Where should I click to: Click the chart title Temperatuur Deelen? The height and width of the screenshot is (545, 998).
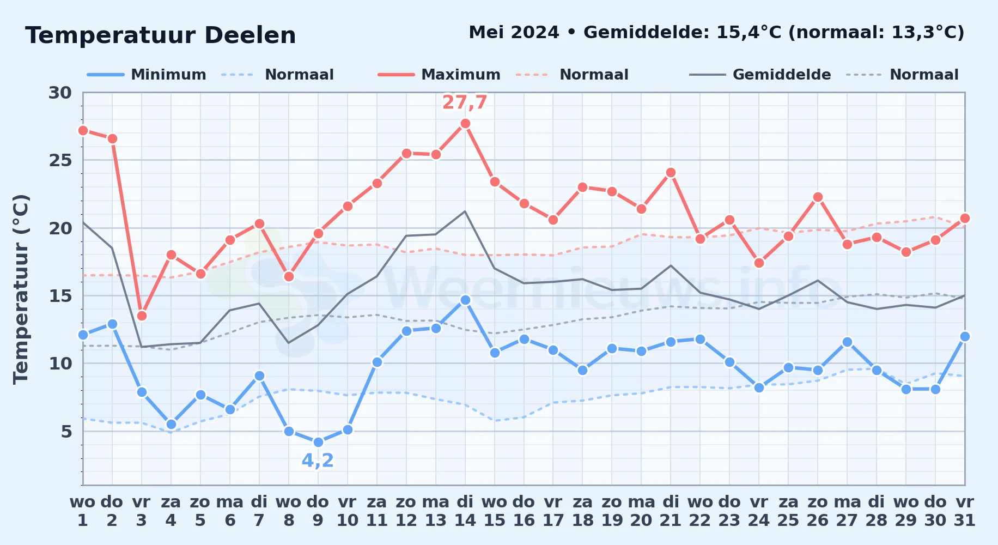[x=161, y=35]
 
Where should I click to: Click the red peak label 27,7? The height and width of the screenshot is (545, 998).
[x=465, y=102]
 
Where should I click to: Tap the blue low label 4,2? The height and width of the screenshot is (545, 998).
[x=318, y=461]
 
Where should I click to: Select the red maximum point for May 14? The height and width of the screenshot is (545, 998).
[x=465, y=124]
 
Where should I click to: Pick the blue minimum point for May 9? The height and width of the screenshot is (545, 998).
[x=318, y=442]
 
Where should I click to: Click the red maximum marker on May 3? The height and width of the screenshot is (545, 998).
[x=142, y=316]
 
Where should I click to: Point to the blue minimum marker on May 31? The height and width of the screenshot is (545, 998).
[x=965, y=336]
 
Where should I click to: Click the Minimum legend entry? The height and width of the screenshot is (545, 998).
[x=147, y=75]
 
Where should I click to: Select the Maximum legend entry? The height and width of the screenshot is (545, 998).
[x=439, y=75]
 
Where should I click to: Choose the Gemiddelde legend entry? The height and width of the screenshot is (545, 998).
[x=760, y=75]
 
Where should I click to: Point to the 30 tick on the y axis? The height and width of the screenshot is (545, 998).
[x=60, y=93]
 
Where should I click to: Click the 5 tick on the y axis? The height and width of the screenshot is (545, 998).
[x=66, y=432]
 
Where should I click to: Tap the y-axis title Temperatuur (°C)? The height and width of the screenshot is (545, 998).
[x=21, y=289]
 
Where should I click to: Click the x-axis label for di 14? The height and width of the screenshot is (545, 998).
[x=465, y=511]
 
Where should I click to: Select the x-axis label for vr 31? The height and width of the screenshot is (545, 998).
[x=965, y=511]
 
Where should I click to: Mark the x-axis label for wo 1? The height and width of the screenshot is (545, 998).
[x=83, y=511]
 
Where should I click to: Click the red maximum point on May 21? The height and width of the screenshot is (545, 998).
[x=671, y=173]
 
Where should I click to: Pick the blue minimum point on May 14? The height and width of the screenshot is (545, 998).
[x=465, y=300]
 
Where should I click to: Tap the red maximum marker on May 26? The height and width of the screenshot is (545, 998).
[x=818, y=197]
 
